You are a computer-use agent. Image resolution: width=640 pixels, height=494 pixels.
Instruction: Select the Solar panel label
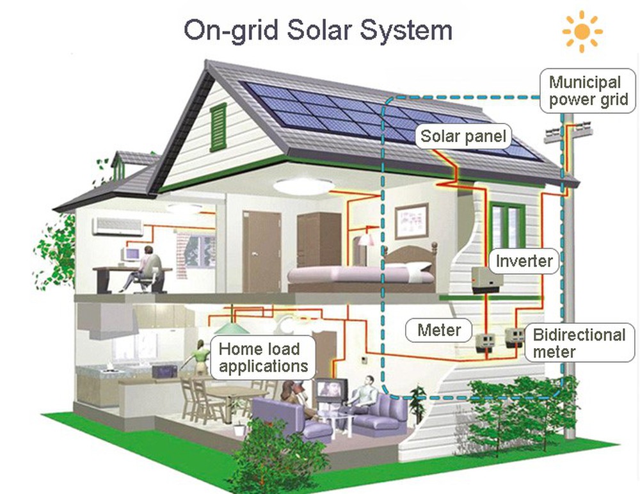pos(463,136)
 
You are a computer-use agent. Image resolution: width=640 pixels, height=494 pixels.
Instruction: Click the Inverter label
pos(524,261)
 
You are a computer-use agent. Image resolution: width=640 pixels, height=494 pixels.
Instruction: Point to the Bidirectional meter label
pos(579,343)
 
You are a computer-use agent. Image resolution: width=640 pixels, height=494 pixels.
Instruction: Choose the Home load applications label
pos(263,358)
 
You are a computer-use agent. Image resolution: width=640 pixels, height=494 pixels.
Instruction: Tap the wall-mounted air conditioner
pos(118,226)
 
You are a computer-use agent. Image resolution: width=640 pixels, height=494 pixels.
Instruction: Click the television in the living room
pos(331,390)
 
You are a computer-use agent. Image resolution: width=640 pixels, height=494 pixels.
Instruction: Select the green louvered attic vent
pos(218,127)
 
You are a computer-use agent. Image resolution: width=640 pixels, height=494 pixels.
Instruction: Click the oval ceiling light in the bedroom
pos(303,186)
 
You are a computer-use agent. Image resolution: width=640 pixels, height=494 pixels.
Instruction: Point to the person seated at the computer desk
pos(149,266)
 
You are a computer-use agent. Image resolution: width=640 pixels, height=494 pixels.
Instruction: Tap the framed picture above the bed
pos(411,221)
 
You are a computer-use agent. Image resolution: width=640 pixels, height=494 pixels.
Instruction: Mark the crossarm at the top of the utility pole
pos(564,133)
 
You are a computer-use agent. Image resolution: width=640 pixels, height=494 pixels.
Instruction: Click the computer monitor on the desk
pos(132,255)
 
